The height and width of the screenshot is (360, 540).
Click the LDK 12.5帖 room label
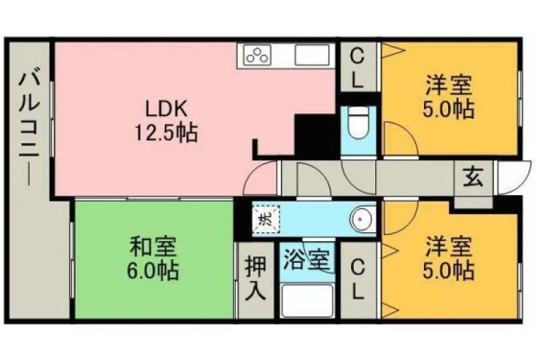[x=166, y=121]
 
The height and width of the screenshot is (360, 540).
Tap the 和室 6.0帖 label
[x=153, y=258]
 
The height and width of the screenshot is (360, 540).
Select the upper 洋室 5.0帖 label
[x=448, y=97]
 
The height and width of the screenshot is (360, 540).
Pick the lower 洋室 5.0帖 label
[x=448, y=258]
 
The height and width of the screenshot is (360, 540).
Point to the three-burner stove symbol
[x=256, y=55]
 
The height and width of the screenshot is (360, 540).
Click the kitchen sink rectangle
[x=311, y=55]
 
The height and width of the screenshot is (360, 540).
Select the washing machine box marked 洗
[x=265, y=219]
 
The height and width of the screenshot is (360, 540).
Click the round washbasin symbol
[x=363, y=219]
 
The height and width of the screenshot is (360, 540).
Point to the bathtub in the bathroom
[x=307, y=301]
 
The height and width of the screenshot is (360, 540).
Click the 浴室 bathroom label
[x=307, y=259]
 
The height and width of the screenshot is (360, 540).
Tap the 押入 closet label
[x=256, y=280]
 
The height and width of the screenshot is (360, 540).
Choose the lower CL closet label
[x=358, y=279]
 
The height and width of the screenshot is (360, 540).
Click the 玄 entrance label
[x=472, y=178]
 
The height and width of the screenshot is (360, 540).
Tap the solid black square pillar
[x=315, y=136]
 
